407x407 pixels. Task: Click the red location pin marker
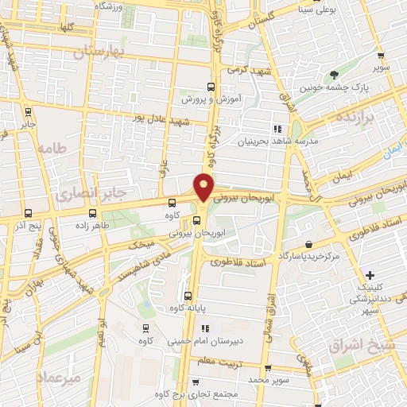pos(204,186)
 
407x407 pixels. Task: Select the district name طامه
pos(54,147)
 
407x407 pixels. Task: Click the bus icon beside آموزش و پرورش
pos(211,87)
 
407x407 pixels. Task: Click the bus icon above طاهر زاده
pos(92,213)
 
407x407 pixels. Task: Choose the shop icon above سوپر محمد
pos(267,367)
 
